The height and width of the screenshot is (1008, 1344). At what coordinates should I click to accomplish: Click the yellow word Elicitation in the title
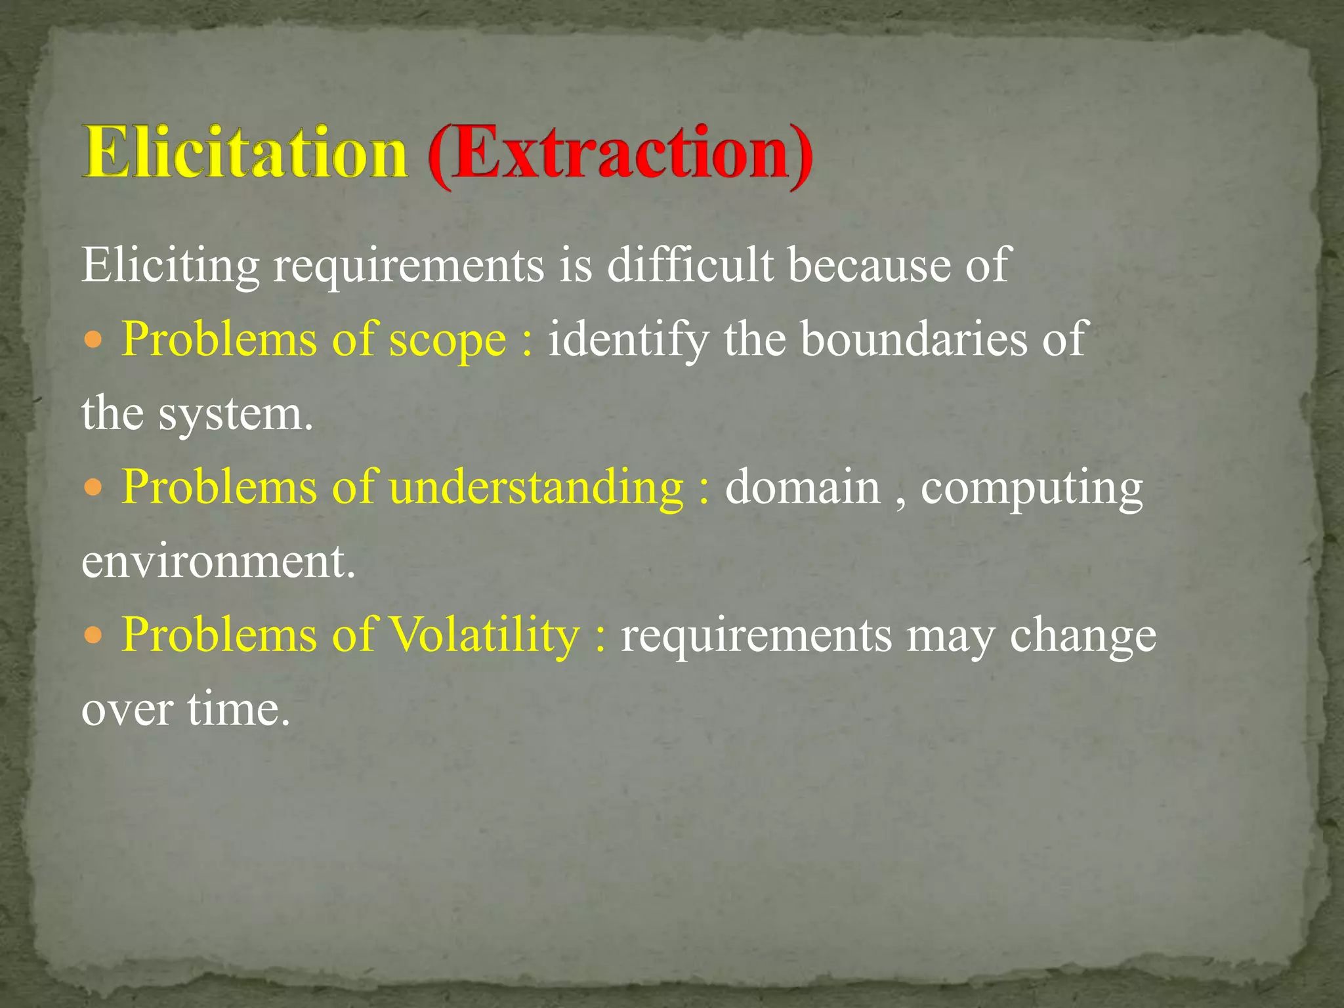[x=244, y=152]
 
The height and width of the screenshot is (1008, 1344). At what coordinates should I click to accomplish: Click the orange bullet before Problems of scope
[x=94, y=340]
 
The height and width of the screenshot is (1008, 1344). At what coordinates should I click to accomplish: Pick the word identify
[x=628, y=340]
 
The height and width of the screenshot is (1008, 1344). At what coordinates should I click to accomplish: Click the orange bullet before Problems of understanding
[x=94, y=488]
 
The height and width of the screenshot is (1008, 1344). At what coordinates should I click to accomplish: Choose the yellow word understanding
[x=536, y=488]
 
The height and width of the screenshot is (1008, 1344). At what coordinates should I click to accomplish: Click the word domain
[x=802, y=487]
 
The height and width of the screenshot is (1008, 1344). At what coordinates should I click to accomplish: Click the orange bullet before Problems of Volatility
[x=94, y=635]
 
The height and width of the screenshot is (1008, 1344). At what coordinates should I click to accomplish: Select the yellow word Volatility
[x=484, y=635]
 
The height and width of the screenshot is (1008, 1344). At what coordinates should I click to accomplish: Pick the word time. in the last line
[x=238, y=709]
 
